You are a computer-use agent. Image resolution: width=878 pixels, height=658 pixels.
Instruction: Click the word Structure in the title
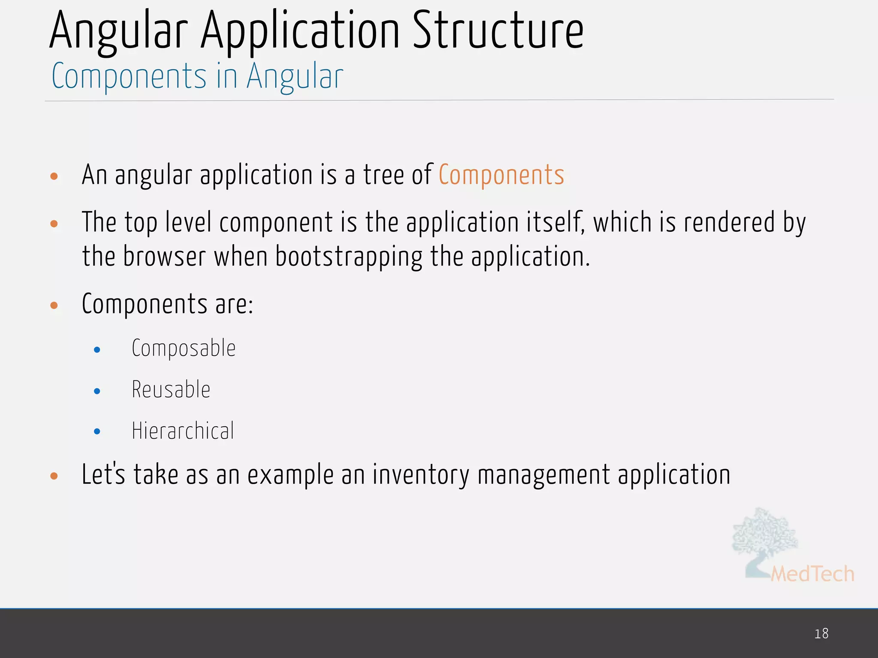pos(498,31)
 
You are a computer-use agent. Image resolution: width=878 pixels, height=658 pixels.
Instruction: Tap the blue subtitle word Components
pos(129,76)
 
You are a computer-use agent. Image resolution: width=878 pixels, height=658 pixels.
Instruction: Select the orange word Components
pos(501,175)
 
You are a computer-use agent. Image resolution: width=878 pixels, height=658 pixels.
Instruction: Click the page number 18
pos(821,634)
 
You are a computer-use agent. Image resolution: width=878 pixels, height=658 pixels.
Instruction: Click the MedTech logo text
pos(812,574)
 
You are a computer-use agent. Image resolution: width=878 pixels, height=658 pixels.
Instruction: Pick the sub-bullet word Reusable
pos(171,390)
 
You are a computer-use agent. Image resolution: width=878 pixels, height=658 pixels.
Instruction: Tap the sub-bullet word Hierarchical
pos(183,431)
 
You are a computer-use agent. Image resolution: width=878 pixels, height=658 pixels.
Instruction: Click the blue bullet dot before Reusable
pos(97,391)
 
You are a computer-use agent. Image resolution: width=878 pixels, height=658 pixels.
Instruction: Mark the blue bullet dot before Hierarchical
pos(97,432)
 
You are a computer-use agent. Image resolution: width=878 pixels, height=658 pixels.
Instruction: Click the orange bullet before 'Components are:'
pos(54,305)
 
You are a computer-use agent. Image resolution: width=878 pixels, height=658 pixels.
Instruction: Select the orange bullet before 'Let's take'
pos(54,476)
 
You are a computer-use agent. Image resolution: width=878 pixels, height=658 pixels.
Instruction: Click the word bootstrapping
pos(349,257)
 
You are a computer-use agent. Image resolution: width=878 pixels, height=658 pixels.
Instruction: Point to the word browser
pos(165,257)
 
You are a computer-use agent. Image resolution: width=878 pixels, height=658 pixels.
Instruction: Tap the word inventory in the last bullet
pos(421,475)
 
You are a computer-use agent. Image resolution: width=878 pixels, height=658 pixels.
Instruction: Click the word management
pos(544,476)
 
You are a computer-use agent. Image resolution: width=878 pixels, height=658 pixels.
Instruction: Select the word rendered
pos(729,222)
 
